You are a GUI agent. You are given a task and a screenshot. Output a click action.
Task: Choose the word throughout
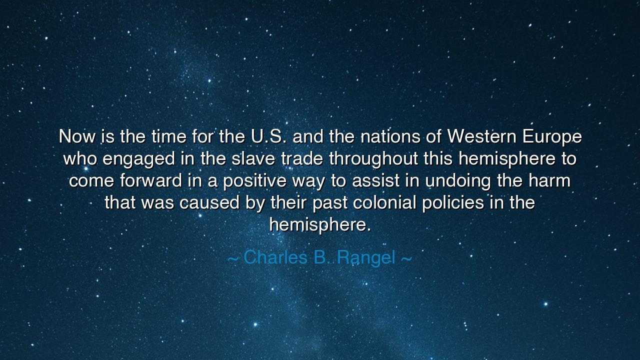(x=373, y=159)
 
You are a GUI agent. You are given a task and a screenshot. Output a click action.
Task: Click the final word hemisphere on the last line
(x=320, y=224)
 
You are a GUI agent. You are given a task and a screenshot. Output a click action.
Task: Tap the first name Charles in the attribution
(x=275, y=257)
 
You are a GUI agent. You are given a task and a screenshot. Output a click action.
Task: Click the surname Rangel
(x=366, y=258)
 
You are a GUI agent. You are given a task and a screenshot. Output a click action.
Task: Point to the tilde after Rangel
(x=406, y=258)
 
